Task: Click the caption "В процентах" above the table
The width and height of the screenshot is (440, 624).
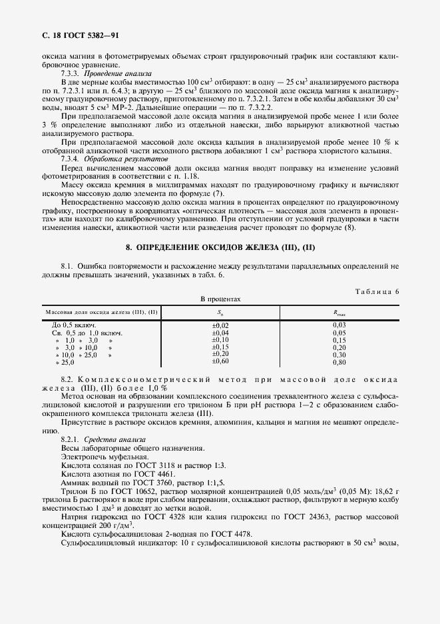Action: click(220, 300)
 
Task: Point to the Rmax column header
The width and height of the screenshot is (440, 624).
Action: click(339, 312)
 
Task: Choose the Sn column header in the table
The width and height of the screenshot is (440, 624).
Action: click(220, 312)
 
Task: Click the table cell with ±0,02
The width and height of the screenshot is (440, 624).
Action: click(220, 325)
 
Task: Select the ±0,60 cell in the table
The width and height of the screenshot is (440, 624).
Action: click(220, 361)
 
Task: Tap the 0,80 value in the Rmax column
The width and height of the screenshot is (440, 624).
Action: click(339, 361)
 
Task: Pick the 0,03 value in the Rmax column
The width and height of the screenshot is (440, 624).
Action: click(339, 325)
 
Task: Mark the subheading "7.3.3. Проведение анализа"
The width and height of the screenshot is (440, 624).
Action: click(106, 73)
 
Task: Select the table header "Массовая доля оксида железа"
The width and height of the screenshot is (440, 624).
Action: click(101, 312)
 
